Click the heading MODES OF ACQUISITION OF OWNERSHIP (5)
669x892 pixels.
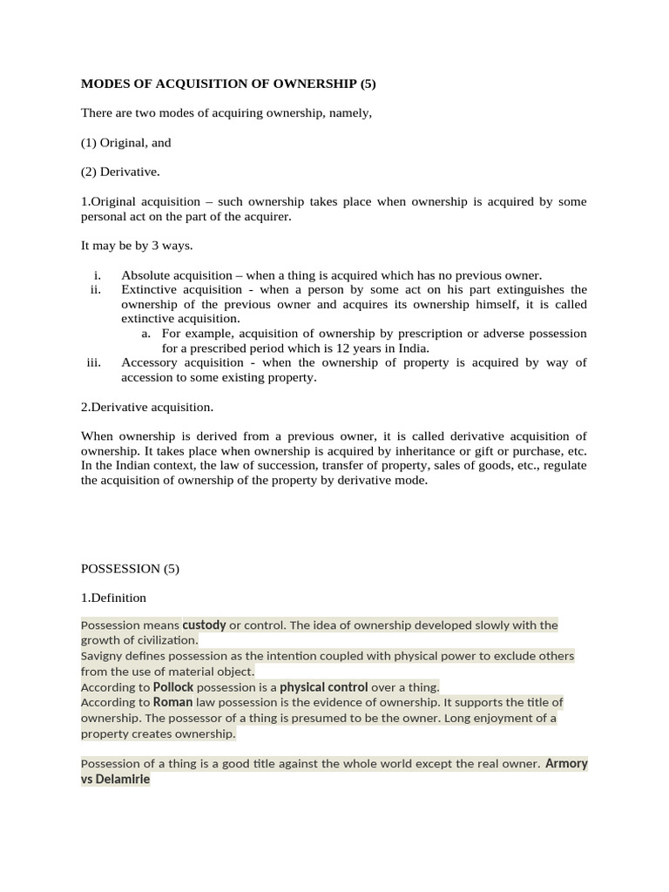[227, 84]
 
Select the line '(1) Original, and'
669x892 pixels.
[126, 142]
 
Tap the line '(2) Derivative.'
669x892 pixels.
[120, 172]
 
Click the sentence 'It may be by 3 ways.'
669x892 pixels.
[137, 246]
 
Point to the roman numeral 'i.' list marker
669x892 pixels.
[97, 275]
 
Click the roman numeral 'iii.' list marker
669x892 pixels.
[94, 363]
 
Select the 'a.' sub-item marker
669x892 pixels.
[146, 334]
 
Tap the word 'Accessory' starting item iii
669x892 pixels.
[150, 363]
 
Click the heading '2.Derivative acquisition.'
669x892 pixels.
[147, 407]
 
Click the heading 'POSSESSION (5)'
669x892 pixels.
[130, 569]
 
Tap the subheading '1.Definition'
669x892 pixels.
[113, 598]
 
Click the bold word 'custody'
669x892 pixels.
[204, 625]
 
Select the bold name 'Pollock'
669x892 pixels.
[173, 687]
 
